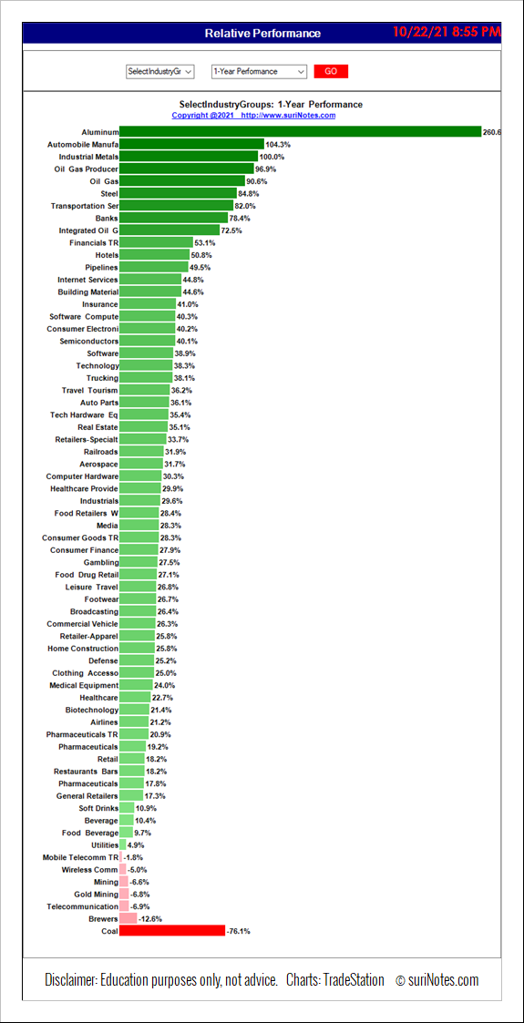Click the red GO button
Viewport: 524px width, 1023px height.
coord(331,71)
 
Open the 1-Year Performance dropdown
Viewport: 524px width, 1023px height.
coord(259,71)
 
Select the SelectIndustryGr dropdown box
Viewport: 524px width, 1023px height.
coord(159,71)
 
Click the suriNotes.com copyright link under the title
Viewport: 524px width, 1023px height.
coord(254,116)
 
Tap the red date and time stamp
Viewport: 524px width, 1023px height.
coord(447,31)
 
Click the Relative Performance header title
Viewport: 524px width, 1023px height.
coord(262,34)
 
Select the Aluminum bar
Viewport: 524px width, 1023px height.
coord(300,132)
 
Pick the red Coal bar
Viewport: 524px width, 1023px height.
coord(172,930)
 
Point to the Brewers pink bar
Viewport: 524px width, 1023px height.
coord(128,918)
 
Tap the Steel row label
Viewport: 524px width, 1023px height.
coord(109,193)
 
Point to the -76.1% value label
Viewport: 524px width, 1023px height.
coord(238,931)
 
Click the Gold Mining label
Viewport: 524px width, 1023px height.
coord(97,894)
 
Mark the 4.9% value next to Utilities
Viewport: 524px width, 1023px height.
coord(135,844)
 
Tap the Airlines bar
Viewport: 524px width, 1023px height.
coord(134,721)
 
